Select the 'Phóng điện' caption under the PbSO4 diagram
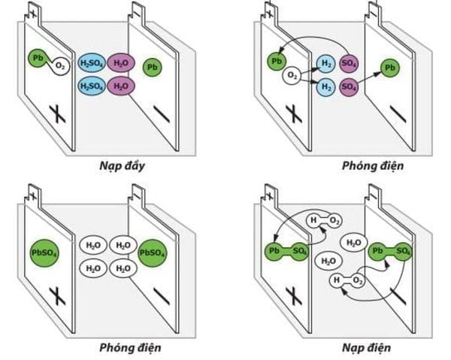(x=129, y=348)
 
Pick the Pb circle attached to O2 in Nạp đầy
(x=38, y=57)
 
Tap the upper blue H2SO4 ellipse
(x=92, y=63)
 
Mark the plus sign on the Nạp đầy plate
(x=57, y=114)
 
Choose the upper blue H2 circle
(x=325, y=65)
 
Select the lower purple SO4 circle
(x=349, y=87)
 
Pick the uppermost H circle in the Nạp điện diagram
(x=312, y=220)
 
